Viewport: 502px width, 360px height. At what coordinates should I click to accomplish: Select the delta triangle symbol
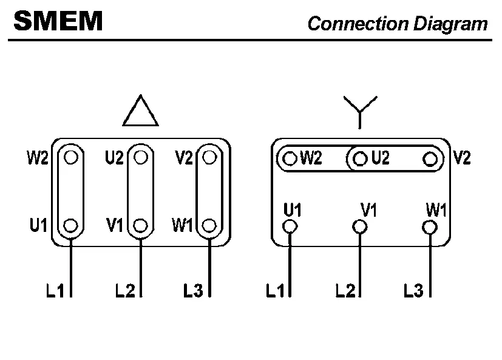(140, 111)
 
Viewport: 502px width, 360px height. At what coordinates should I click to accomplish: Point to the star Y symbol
(360, 109)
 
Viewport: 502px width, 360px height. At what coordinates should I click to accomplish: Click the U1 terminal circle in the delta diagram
(72, 226)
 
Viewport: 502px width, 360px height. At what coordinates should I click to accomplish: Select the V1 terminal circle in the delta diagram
(141, 226)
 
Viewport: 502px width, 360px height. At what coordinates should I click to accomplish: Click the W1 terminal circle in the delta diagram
(210, 226)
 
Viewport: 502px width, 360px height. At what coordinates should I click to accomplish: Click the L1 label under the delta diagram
(56, 291)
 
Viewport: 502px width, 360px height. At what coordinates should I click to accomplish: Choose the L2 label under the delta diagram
(125, 291)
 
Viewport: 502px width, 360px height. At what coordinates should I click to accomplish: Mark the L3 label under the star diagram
(413, 291)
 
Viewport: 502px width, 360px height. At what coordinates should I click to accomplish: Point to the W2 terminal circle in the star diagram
(291, 160)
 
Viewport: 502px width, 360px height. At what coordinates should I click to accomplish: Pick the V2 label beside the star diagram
(462, 158)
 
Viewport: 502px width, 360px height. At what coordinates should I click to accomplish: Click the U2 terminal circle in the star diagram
(361, 160)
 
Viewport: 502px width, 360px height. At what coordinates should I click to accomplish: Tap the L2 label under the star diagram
(345, 291)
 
